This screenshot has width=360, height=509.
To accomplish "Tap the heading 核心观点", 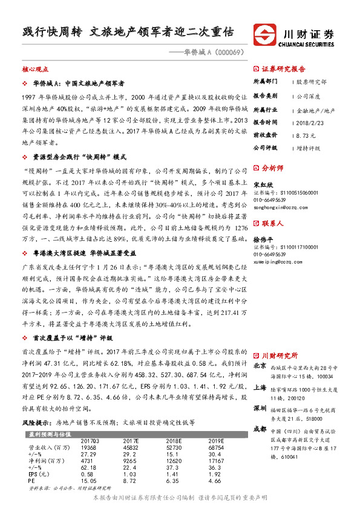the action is (x=34, y=70).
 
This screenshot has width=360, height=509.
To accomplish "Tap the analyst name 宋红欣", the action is (x=262, y=184).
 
